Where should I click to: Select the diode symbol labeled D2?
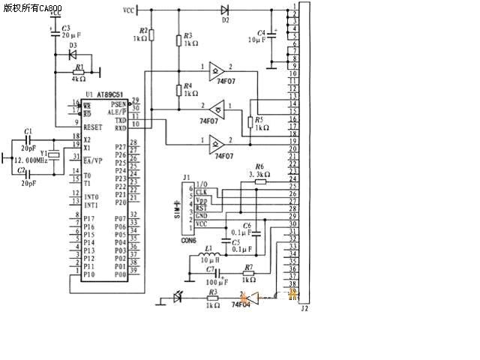coord(226,10)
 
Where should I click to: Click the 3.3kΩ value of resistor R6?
coord(259,174)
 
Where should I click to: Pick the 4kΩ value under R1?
coord(78,79)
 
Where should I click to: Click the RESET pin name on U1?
coord(92,127)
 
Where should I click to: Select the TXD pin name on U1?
coord(120,120)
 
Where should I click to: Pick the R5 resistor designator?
coord(259,119)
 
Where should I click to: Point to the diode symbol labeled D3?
coord(72,54)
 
